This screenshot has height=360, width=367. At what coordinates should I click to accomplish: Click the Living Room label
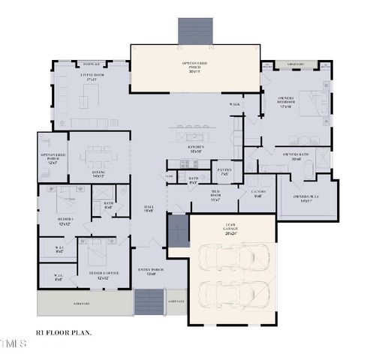tap(92, 77)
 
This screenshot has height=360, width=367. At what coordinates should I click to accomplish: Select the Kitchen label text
tap(197, 149)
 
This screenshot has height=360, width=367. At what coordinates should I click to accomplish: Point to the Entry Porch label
tap(150, 271)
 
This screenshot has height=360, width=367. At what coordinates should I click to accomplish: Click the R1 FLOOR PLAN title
tap(65, 331)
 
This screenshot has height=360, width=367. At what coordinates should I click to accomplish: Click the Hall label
tap(149, 208)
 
